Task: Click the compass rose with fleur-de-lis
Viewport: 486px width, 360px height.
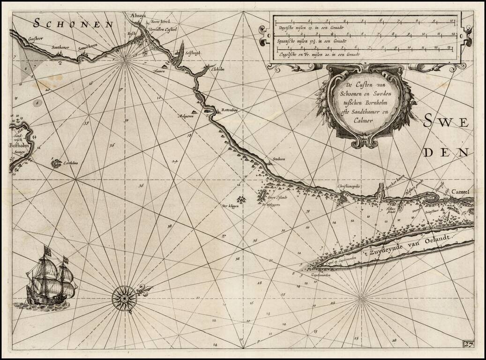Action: tap(125, 296)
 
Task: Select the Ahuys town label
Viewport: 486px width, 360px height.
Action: tap(138, 16)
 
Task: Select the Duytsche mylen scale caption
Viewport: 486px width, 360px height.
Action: tap(310, 28)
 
